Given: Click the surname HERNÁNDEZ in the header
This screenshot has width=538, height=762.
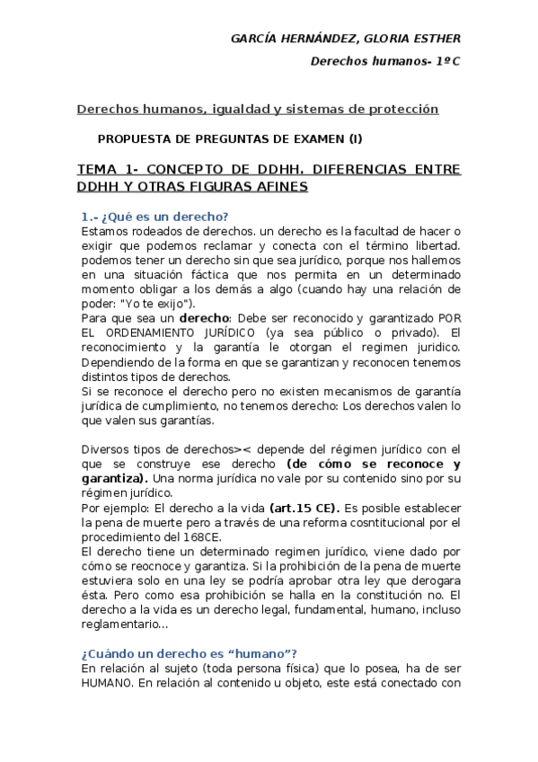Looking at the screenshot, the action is pos(310,39).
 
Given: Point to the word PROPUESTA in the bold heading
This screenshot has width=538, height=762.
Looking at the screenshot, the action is pos(132,138).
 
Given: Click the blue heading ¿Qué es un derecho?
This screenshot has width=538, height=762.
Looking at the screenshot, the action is pos(154,217).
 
